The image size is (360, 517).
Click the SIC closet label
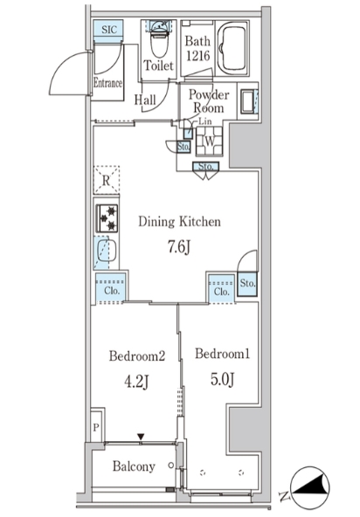109,30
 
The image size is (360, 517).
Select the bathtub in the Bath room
232,48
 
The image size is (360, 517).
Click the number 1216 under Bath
198,55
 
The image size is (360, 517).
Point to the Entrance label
107,82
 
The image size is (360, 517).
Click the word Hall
145,100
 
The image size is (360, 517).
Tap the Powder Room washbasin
248,101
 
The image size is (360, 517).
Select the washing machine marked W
209,141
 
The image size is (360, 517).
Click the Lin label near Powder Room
205,121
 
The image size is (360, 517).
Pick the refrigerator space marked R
107,180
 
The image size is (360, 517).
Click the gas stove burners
107,218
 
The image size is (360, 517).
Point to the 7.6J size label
178,246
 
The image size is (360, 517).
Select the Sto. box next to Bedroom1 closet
247,284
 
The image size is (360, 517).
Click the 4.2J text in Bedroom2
136,382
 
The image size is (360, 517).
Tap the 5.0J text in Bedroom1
223,379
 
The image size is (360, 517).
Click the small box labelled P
96,427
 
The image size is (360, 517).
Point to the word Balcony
134,466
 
